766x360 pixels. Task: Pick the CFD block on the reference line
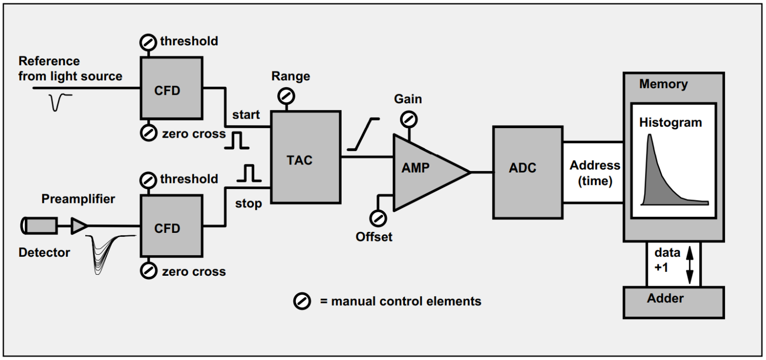click(x=171, y=88)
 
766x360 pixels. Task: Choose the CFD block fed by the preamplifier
click(x=171, y=226)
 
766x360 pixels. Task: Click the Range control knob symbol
click(x=287, y=95)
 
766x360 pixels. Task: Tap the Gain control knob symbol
click(x=409, y=119)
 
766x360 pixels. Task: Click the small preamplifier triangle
click(x=79, y=226)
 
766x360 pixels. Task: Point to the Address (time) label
click(x=594, y=173)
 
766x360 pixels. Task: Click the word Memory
click(x=663, y=84)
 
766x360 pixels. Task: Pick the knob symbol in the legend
click(x=302, y=301)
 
